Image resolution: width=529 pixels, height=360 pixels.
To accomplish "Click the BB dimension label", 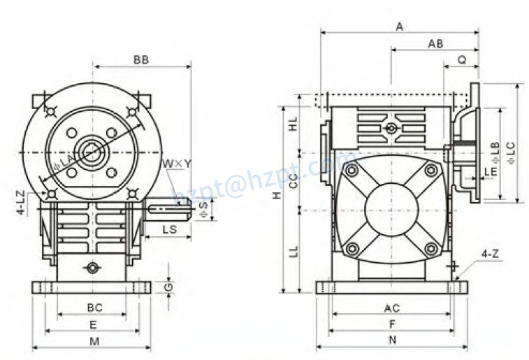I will click(x=141, y=60).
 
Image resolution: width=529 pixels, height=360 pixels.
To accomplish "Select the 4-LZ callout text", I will click(x=22, y=201).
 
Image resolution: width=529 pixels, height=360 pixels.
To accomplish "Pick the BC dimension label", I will click(x=94, y=308).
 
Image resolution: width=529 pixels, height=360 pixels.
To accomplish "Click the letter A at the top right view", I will click(x=400, y=27).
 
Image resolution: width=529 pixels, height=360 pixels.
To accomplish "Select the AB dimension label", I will click(x=435, y=43).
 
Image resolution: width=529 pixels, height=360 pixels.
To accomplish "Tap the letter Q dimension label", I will click(x=462, y=60).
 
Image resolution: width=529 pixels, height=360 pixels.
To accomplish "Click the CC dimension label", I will click(x=294, y=180).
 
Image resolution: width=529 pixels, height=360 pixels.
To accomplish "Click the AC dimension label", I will click(x=392, y=308).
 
